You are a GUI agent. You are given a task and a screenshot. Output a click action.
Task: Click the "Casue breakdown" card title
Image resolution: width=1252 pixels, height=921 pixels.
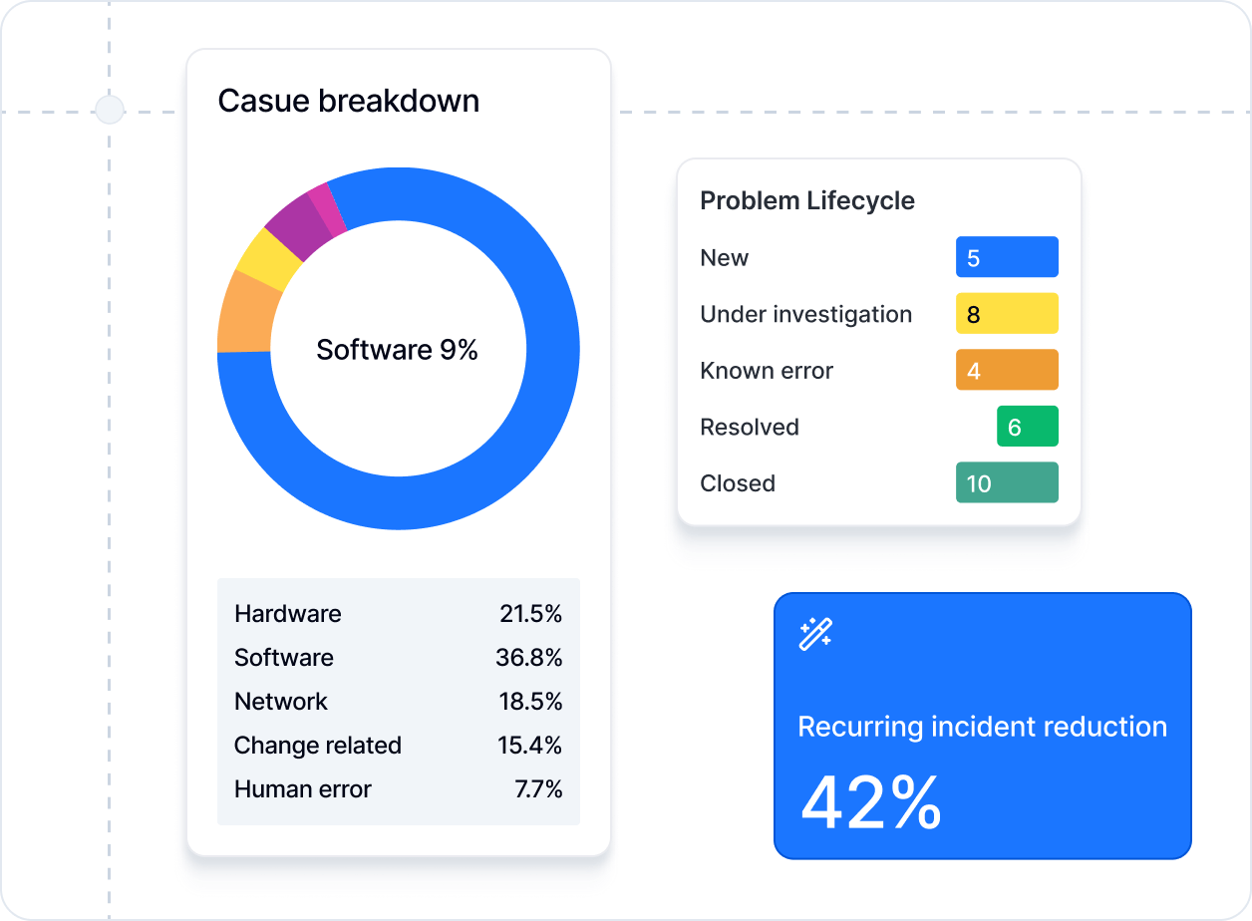coord(348,101)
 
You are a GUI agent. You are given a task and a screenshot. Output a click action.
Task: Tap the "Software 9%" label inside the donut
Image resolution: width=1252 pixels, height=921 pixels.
coord(397,350)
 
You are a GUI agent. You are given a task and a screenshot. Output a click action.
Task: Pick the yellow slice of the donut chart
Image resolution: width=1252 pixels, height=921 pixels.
coord(266,257)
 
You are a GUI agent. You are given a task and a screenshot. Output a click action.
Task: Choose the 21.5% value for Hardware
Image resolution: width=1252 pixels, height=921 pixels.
coord(530,614)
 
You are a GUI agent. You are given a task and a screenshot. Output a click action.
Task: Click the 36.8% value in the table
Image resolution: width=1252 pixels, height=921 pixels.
coord(528,658)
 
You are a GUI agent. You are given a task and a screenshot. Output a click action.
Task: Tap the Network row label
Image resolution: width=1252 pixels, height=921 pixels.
coord(280,702)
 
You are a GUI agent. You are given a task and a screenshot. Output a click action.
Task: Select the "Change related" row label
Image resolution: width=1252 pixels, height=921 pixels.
coord(317,746)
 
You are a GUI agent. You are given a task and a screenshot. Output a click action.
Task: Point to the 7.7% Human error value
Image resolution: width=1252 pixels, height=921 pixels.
coord(538,789)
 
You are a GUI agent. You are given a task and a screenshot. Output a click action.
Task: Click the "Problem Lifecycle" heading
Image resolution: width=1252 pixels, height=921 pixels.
coord(806,200)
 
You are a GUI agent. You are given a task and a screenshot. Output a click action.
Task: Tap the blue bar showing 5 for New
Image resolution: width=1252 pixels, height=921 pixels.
coord(1007,257)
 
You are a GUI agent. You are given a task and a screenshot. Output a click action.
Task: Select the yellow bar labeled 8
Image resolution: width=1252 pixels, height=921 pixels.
coord(1007,314)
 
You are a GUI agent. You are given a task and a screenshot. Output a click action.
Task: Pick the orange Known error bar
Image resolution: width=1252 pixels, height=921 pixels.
coord(1007,370)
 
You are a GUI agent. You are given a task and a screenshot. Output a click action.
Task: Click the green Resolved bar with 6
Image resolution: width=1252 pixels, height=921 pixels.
coord(1027,427)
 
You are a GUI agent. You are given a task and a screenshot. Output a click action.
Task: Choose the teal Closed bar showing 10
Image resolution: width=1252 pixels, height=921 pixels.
coord(1007,483)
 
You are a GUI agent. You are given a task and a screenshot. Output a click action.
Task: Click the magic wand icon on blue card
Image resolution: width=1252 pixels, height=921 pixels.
coord(815,634)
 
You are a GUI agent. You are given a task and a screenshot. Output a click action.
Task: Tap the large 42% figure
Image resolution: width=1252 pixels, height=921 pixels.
coord(870,802)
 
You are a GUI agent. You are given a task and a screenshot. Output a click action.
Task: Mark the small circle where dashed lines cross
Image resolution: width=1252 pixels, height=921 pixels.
coord(109,109)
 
